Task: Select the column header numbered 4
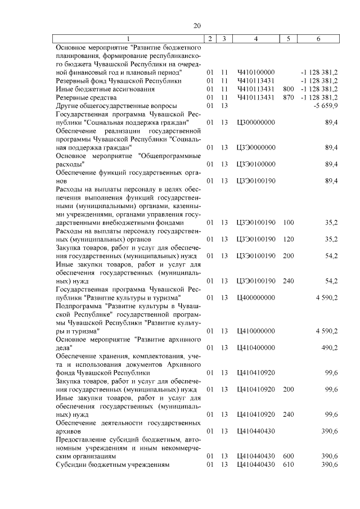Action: (256, 39)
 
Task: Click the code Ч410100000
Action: (256, 73)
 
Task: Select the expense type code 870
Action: (289, 97)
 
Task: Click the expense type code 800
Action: (289, 89)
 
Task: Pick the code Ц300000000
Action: (256, 122)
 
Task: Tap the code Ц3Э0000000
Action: (256, 147)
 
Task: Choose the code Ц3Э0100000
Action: (256, 164)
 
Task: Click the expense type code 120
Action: (289, 239)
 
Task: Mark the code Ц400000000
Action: (256, 297)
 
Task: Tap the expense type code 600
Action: (289, 456)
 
